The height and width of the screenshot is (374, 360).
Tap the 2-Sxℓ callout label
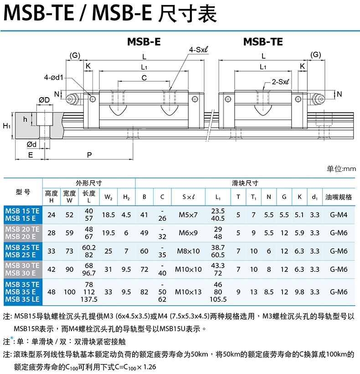pyautogui.click(x=282, y=82)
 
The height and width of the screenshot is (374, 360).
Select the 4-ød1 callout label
pyautogui.click(x=54, y=77)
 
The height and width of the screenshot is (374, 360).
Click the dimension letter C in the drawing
pyautogui.click(x=144, y=78)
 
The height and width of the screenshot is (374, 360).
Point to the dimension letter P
pyautogui.click(x=89, y=155)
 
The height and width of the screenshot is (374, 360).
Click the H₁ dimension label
pyautogui.click(x=6, y=125)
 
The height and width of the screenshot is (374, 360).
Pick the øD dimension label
pyautogui.click(x=44, y=100)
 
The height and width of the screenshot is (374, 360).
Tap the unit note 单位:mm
pyautogui.click(x=341, y=169)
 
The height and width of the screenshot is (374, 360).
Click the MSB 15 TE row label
pyautogui.click(x=22, y=211)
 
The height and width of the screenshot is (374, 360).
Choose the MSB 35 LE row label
pyautogui.click(x=22, y=299)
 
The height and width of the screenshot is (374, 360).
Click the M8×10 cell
pyautogui.click(x=188, y=251)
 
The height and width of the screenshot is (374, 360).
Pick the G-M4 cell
pyautogui.click(x=339, y=215)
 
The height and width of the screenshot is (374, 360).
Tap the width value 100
pyautogui.click(x=70, y=291)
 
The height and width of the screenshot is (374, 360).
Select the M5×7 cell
pyautogui.click(x=188, y=215)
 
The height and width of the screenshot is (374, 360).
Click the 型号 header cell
pyautogui.click(x=22, y=192)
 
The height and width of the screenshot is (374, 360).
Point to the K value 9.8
pyautogui.click(x=299, y=291)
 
